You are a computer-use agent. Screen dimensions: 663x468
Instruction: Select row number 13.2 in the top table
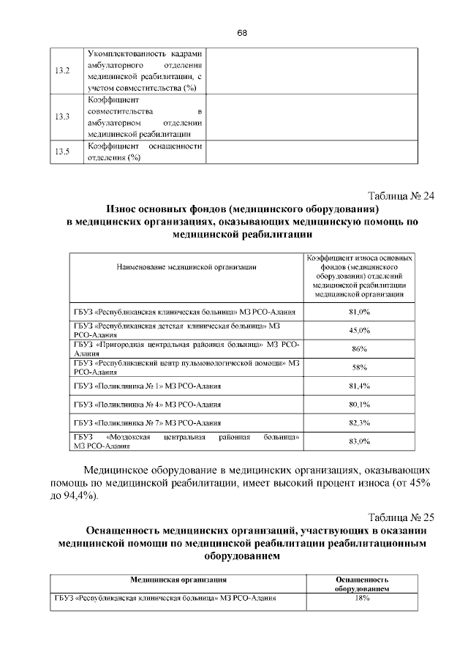click(62, 71)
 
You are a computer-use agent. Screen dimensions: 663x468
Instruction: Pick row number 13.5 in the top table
click(62, 151)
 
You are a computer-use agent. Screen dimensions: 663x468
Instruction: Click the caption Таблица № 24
click(401, 196)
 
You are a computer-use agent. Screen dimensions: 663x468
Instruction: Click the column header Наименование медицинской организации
click(186, 269)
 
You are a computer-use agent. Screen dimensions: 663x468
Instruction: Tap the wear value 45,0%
click(359, 330)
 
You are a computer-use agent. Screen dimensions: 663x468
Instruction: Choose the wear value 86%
click(359, 348)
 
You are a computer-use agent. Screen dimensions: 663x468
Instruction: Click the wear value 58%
click(359, 367)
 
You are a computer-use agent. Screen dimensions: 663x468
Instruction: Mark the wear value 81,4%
click(359, 385)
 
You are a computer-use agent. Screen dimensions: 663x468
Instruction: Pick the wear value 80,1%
click(359, 403)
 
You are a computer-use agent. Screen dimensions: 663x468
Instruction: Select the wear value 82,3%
click(359, 422)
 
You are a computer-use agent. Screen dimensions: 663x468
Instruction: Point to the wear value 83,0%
click(359, 441)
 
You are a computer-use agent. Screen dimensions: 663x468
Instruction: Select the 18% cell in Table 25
click(361, 597)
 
